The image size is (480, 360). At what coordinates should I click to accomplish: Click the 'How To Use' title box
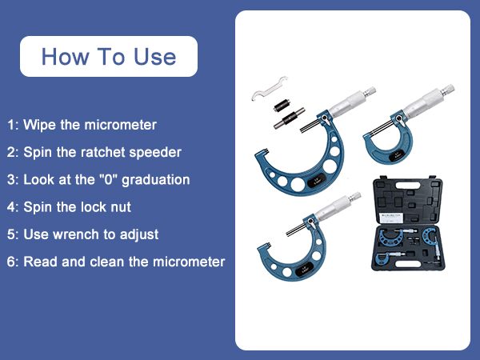coord(108,56)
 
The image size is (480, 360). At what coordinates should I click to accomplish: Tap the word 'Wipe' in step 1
coord(38,126)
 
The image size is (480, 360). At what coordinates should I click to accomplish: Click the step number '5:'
coord(12,234)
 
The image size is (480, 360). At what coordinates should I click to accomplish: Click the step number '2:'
coord(12,152)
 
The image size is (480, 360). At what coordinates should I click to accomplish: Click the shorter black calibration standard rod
coord(281,105)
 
